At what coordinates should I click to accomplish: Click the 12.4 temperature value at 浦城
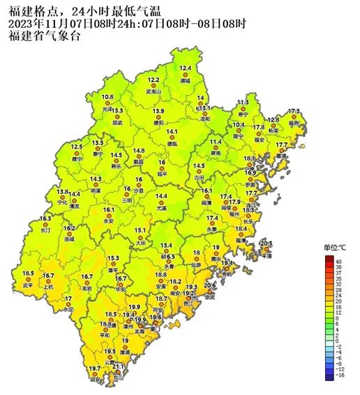186,68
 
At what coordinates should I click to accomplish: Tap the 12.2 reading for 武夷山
153,81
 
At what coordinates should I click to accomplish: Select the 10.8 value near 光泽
107,97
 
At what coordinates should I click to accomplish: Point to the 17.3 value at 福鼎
294,112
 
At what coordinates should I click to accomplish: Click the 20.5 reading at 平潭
266,243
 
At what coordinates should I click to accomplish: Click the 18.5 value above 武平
28,273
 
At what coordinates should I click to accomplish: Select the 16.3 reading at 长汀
46,218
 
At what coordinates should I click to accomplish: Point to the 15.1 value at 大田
140,230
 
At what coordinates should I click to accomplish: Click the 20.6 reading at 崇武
209,285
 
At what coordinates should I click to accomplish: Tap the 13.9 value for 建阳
159,112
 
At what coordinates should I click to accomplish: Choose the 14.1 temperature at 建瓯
172,132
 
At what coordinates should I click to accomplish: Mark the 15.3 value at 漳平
113,258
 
